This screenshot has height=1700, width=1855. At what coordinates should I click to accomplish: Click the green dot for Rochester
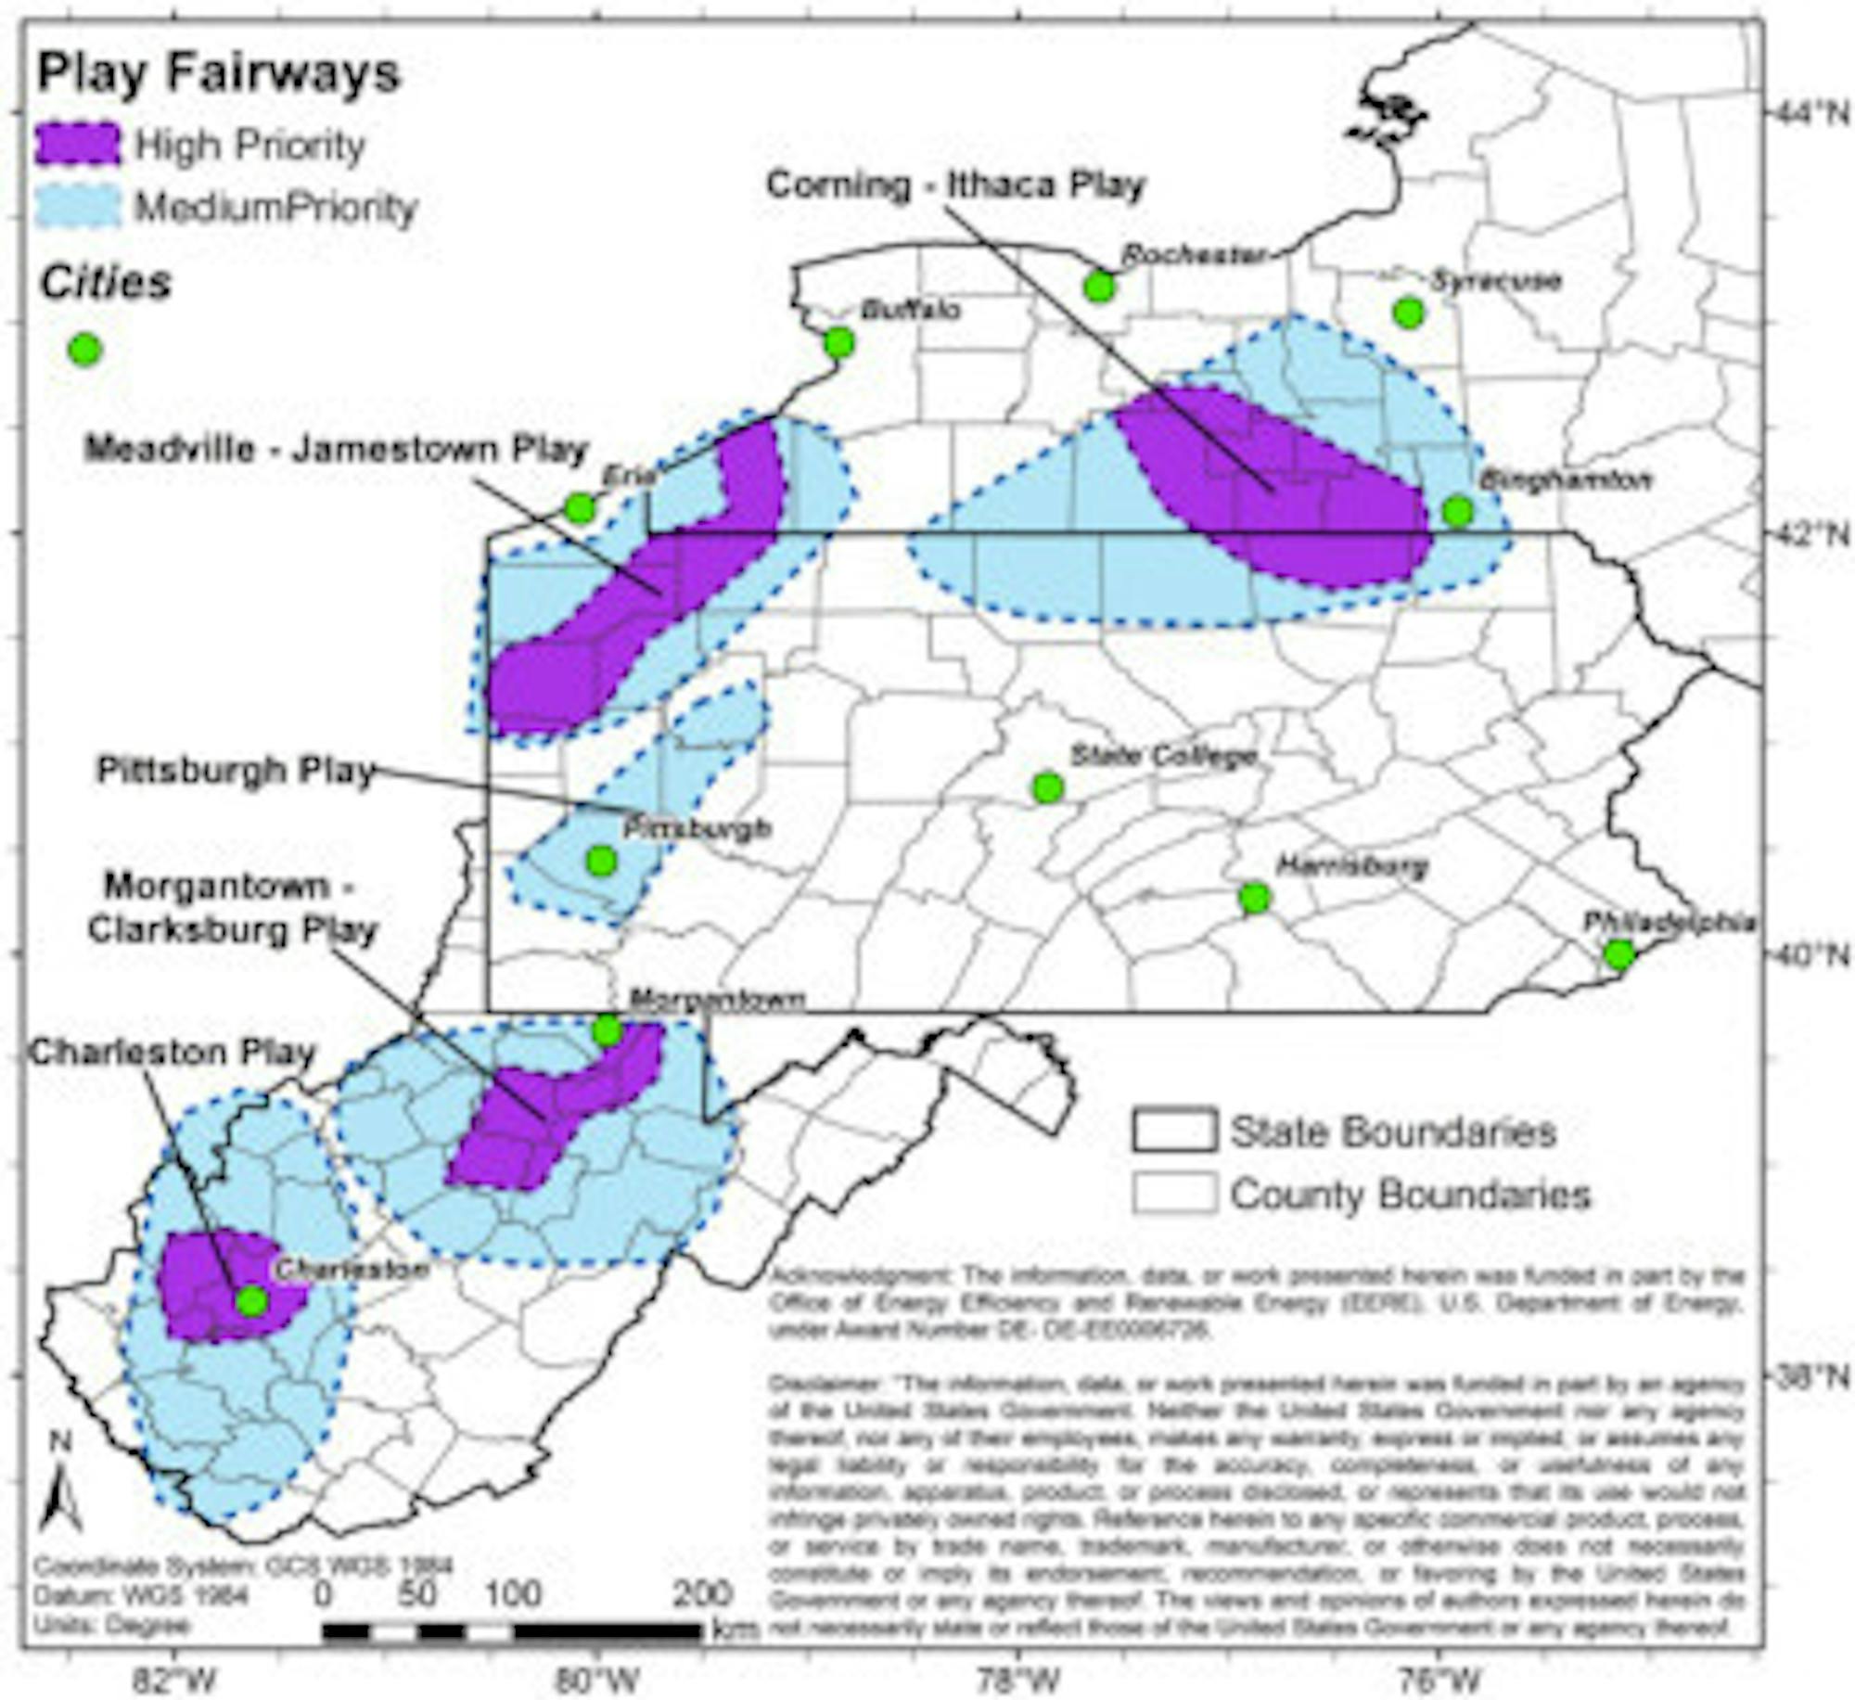[1099, 287]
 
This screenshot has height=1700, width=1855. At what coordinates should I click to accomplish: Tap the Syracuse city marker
[1408, 313]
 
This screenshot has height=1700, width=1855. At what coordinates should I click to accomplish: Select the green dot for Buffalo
[838, 343]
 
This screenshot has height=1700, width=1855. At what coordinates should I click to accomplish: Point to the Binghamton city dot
[1457, 510]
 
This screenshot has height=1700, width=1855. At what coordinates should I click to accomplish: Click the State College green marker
[1047, 787]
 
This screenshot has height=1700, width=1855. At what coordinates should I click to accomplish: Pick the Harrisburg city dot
[1255, 897]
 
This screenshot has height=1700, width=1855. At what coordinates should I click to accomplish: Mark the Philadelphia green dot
[1618, 953]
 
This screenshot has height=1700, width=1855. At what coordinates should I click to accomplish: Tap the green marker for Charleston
[251, 1301]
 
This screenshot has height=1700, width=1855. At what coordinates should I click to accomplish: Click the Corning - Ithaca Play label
[955, 185]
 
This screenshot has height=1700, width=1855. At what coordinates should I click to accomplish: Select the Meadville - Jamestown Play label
[337, 450]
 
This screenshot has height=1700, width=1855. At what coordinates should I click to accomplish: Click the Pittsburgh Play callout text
[236, 771]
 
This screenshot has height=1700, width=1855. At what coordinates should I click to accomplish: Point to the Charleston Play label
[173, 1052]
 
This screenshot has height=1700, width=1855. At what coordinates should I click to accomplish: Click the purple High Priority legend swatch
[79, 146]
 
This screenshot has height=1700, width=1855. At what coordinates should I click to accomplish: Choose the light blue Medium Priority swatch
[79, 207]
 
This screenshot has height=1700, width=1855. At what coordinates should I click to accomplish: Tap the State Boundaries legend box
[1173, 1131]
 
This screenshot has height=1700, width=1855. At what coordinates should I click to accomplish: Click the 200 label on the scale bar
[702, 1594]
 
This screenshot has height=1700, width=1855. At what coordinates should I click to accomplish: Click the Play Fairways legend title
[219, 73]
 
